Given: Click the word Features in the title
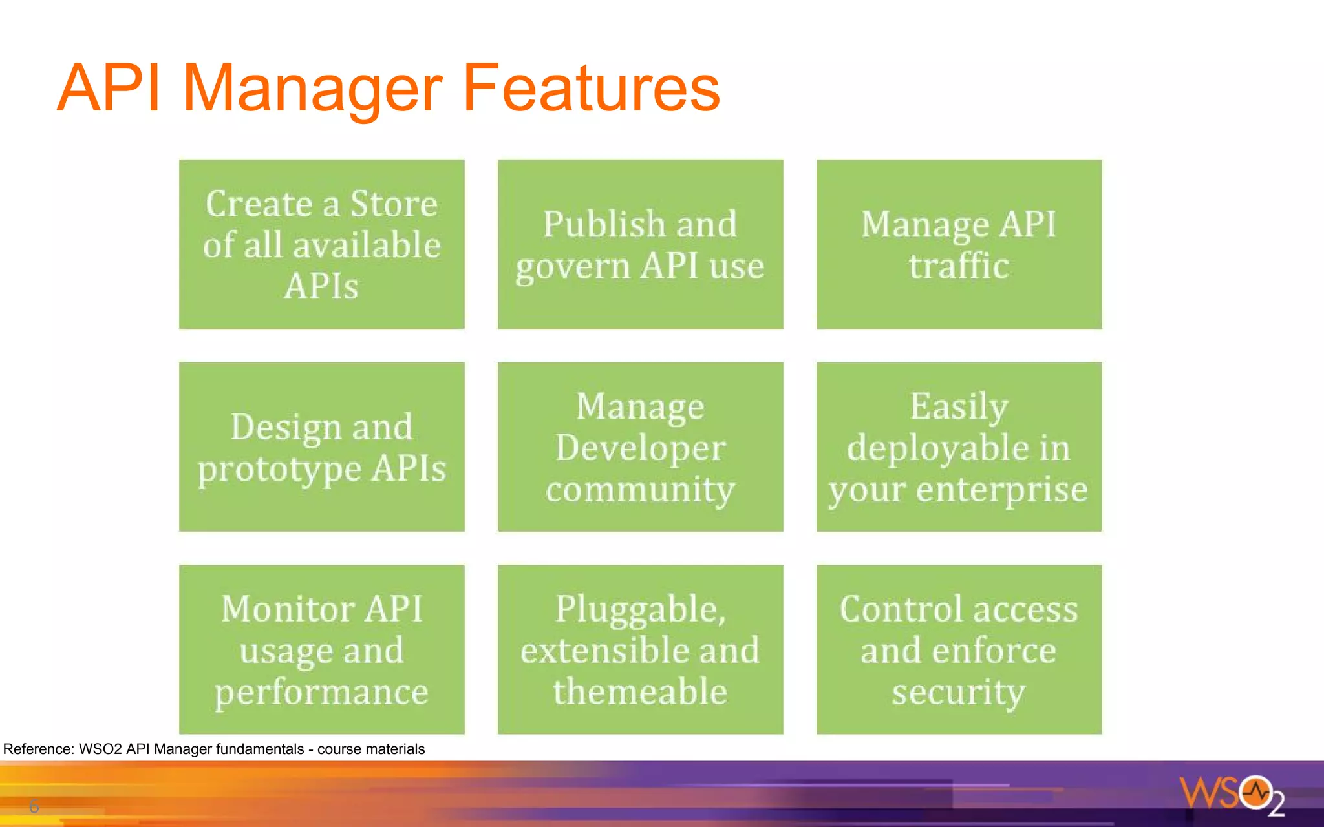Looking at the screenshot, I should pyautogui.click(x=591, y=88).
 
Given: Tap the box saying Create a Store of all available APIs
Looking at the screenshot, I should pyautogui.click(x=321, y=244).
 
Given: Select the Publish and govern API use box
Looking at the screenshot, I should pyautogui.click(x=640, y=244).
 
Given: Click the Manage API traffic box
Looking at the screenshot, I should pyautogui.click(x=959, y=244).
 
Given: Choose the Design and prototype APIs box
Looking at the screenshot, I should pyautogui.click(x=321, y=446).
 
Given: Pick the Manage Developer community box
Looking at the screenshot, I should pyautogui.click(x=640, y=446).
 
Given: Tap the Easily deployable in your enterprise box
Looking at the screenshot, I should pyautogui.click(x=959, y=446).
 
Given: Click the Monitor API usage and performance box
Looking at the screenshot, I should pyautogui.click(x=321, y=649).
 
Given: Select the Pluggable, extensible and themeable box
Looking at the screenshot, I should pyautogui.click(x=640, y=649).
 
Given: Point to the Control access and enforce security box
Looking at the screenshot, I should pyautogui.click(x=959, y=649).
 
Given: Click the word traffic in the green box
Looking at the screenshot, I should pyautogui.click(x=959, y=266).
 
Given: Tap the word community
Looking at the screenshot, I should pyautogui.click(x=640, y=490).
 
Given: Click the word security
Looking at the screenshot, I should pyautogui.click(x=959, y=692).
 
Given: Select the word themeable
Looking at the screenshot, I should pyautogui.click(x=640, y=691).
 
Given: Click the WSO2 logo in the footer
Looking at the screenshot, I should pyautogui.click(x=1232, y=794).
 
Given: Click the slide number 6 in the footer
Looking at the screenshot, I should pyautogui.click(x=34, y=806).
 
